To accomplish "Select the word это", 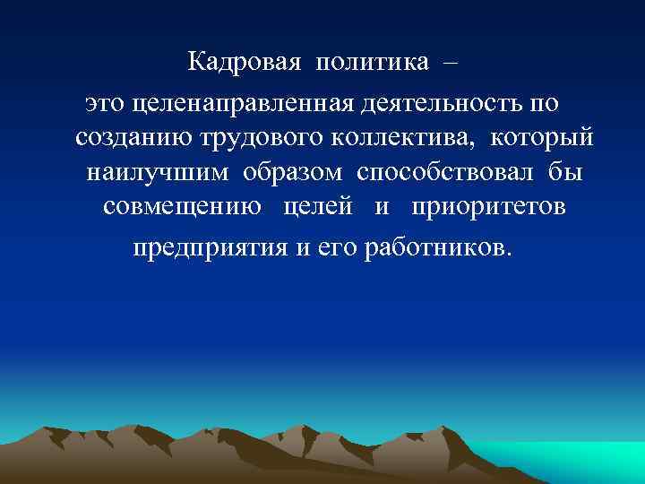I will tap(105, 104).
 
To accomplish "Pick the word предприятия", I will tap(210, 246).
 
